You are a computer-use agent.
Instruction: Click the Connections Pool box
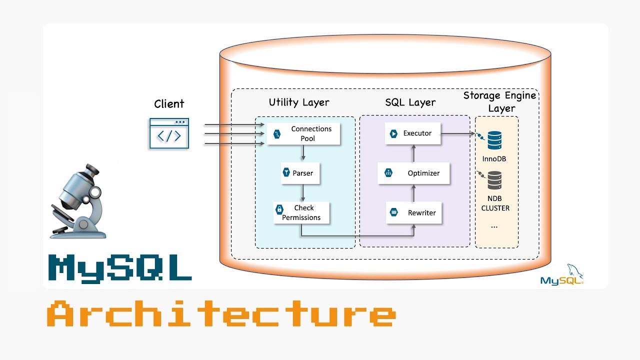pos(303,133)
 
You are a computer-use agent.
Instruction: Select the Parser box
pos(300,173)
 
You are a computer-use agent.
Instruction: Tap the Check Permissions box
pos(301,212)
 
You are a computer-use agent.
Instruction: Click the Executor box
pos(413,133)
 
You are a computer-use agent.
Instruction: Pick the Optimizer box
pos(414,173)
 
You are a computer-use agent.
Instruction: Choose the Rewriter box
pos(414,212)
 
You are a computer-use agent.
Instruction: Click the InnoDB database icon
pos(494,140)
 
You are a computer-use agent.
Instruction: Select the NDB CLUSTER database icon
pos(494,180)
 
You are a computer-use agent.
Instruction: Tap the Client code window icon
pos(169,133)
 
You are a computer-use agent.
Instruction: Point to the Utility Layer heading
pos(299,102)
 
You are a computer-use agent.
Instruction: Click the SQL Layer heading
pos(410,102)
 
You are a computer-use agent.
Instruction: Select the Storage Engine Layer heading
pos(499,101)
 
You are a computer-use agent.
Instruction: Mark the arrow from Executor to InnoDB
pos(458,133)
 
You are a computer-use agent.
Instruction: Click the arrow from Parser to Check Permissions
pos(302,192)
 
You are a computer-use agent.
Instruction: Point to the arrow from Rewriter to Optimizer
pos(413,193)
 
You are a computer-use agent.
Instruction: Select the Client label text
pos(169,104)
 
